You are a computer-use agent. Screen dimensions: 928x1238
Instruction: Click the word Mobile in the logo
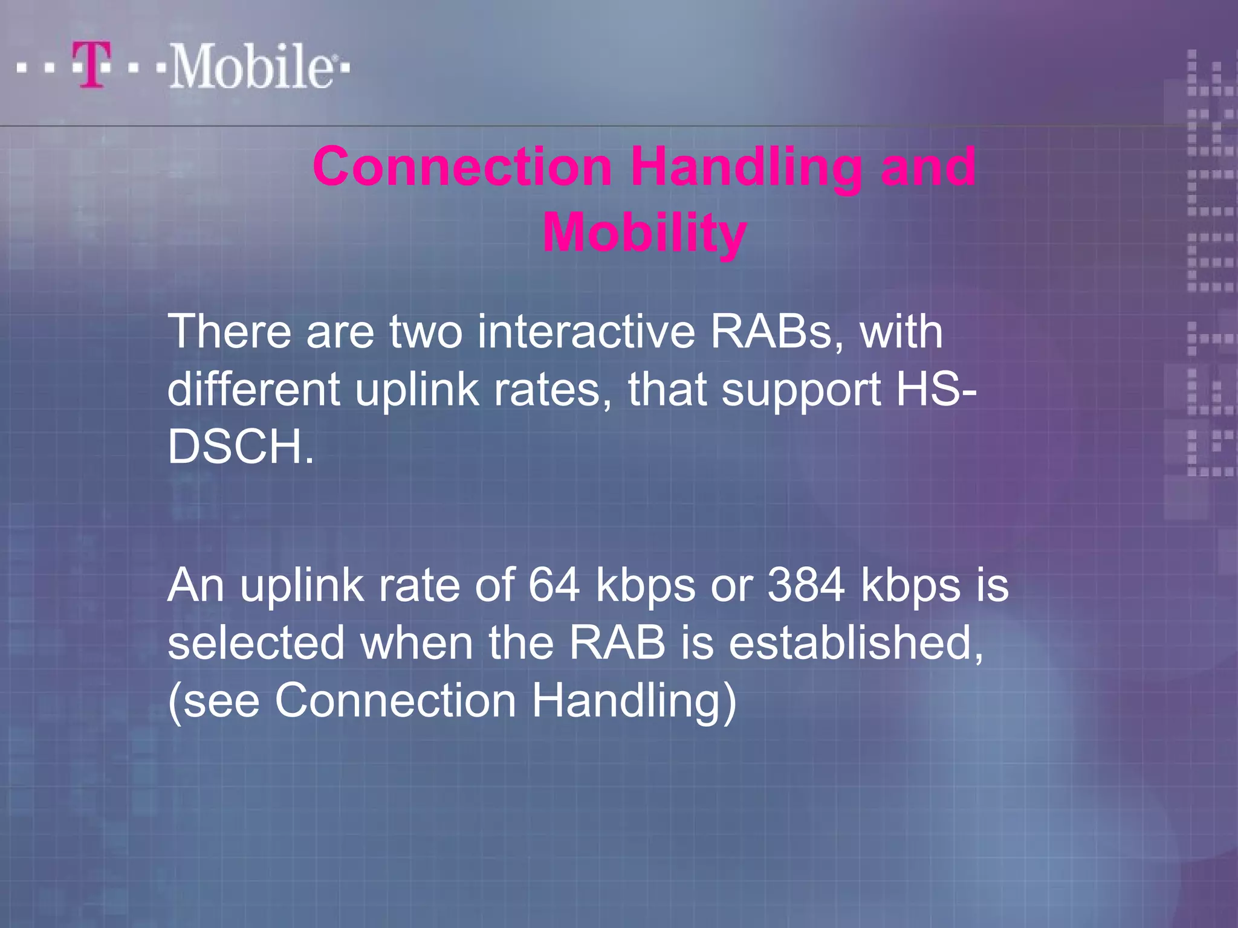251,66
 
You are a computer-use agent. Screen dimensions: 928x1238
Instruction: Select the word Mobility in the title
644,233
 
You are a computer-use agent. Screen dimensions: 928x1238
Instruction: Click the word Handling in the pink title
747,167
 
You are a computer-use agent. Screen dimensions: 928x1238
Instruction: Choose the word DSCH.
241,447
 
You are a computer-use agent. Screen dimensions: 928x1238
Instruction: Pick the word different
253,389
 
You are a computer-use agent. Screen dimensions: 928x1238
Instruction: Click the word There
229,332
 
